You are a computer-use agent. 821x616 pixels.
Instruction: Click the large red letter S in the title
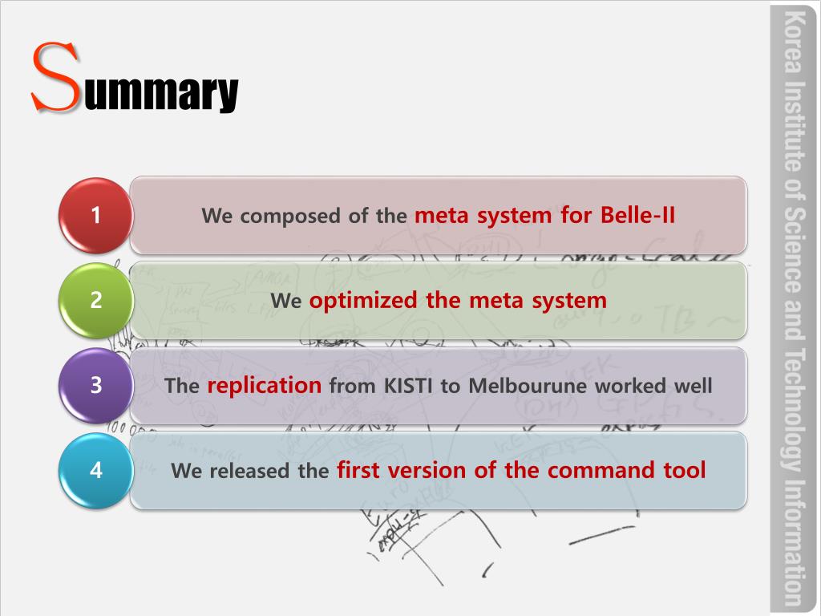(56, 78)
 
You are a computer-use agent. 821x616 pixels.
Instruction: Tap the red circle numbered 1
(96, 215)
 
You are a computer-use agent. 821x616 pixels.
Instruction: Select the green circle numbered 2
(96, 301)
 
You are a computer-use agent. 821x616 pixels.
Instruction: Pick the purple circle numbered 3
(96, 385)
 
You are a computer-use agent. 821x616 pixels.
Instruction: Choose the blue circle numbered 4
(96, 470)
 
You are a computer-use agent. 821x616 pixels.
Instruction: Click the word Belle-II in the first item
(638, 216)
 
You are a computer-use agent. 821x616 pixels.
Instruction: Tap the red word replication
(264, 385)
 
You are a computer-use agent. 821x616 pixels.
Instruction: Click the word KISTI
(408, 386)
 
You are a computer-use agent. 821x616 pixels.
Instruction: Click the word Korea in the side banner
(794, 41)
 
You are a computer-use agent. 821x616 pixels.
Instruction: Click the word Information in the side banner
(794, 542)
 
